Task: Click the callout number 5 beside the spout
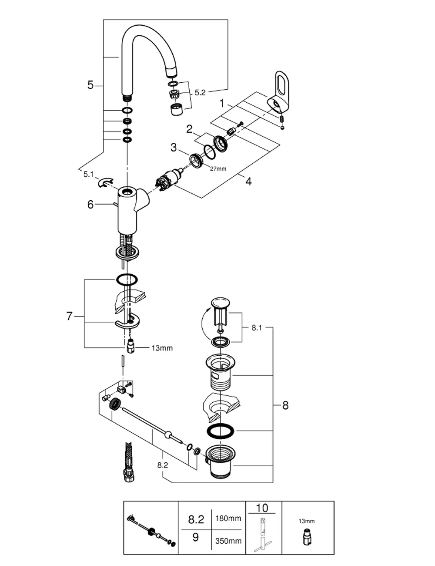(90, 85)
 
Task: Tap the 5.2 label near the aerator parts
(200, 92)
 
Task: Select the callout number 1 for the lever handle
(222, 103)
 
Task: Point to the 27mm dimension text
(218, 168)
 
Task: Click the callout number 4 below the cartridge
(249, 181)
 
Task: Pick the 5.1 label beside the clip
(88, 174)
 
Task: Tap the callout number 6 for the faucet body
(90, 205)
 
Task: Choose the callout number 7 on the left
(69, 316)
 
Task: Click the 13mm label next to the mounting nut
(162, 348)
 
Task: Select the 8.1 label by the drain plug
(257, 328)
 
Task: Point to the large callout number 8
(285, 405)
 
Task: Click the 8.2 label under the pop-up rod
(163, 465)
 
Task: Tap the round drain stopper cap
(221, 303)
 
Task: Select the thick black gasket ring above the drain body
(221, 431)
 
